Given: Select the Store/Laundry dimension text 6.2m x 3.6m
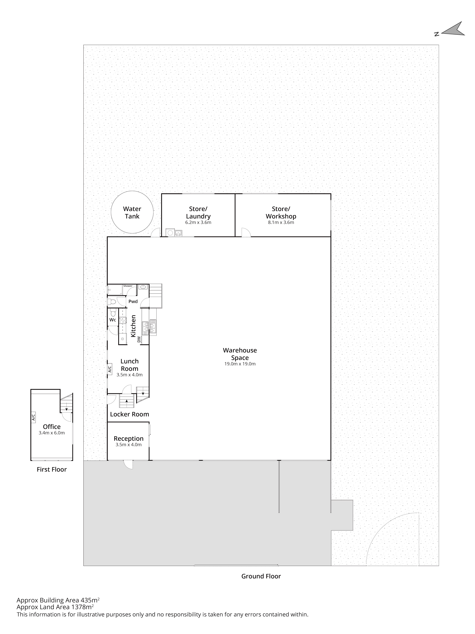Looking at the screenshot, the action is [198, 222].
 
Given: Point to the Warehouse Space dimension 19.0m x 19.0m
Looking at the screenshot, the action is [240, 364].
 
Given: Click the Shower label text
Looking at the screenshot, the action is [128, 286].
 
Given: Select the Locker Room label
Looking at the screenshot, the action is [130, 414].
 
